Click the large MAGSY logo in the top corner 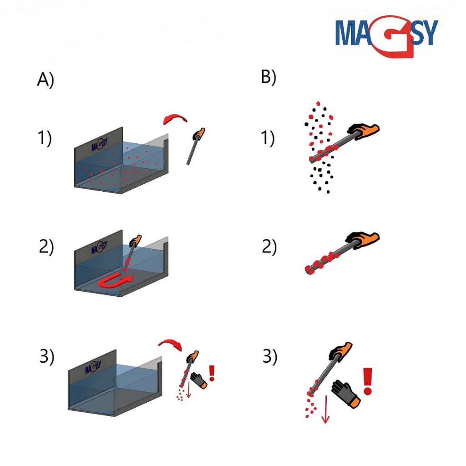[x=387, y=35]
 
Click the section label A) [x=46, y=80]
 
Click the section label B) [x=268, y=76]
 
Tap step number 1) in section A [x=45, y=138]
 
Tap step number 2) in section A [x=46, y=247]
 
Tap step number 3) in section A [x=47, y=356]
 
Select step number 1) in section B [x=268, y=138]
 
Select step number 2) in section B [x=269, y=247]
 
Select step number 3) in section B [x=270, y=356]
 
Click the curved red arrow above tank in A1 [x=175, y=117]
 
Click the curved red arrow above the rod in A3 [x=171, y=342]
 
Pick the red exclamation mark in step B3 [x=368, y=381]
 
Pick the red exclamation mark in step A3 [x=212, y=373]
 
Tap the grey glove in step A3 [x=198, y=380]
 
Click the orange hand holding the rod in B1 [x=364, y=131]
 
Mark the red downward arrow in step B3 [x=325, y=409]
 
